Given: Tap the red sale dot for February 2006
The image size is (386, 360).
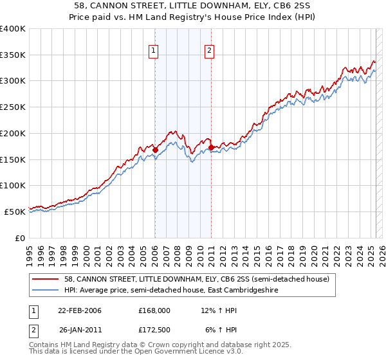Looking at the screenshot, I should (155, 150).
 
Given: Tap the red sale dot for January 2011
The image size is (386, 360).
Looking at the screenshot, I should (211, 148).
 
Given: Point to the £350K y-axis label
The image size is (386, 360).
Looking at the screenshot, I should (13, 55).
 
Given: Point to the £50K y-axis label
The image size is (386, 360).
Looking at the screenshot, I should (15, 212).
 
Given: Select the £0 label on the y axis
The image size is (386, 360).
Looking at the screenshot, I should (20, 238).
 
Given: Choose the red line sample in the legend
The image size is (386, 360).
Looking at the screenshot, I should (46, 279).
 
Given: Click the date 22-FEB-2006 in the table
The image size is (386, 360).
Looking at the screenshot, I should (80, 310).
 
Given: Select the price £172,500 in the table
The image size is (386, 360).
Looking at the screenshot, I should (154, 330).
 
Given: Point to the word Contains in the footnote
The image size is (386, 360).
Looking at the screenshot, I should (45, 345).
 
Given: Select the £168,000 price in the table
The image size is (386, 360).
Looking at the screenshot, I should (154, 310).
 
